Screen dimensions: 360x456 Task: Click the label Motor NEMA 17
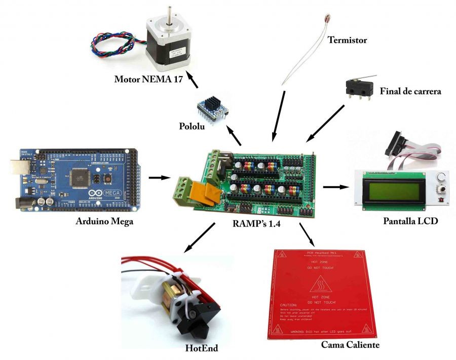click(x=148, y=79)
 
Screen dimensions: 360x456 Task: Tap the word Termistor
click(x=347, y=40)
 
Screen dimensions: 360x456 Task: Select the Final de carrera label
click(x=410, y=92)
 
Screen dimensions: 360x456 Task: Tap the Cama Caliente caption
click(x=350, y=345)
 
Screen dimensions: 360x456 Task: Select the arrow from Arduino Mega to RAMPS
click(x=159, y=178)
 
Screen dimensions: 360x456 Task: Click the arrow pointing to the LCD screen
click(x=336, y=187)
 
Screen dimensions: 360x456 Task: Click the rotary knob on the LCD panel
click(x=439, y=178)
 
